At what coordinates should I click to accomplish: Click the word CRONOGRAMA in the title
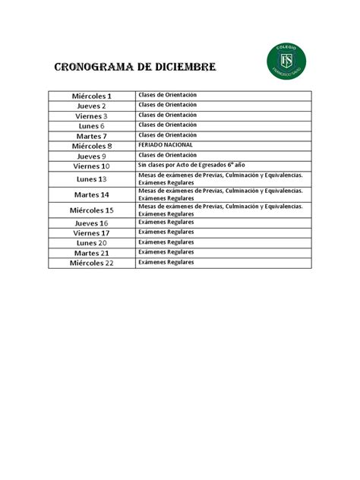tap(96, 69)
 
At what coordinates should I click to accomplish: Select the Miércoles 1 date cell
tap(92, 96)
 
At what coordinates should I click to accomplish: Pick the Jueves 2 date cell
tap(92, 106)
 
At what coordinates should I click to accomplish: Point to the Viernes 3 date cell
tap(92, 116)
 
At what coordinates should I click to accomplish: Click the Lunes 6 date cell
tap(92, 126)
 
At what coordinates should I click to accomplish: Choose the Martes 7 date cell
tap(92, 136)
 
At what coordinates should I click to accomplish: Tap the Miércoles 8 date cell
tap(92, 146)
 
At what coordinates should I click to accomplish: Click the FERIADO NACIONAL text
tap(166, 144)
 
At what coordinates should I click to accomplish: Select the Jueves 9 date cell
tap(92, 156)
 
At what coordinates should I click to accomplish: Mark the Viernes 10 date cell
tap(92, 166)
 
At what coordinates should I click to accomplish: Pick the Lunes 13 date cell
tap(92, 179)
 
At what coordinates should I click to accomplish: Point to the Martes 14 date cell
tap(92, 194)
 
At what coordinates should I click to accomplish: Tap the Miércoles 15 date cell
tap(92, 210)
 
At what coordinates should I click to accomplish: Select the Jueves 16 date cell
tap(92, 223)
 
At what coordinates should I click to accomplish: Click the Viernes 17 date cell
tap(92, 233)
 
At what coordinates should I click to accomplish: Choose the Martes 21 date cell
tap(92, 253)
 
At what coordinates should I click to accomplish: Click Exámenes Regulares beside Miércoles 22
tap(166, 262)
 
